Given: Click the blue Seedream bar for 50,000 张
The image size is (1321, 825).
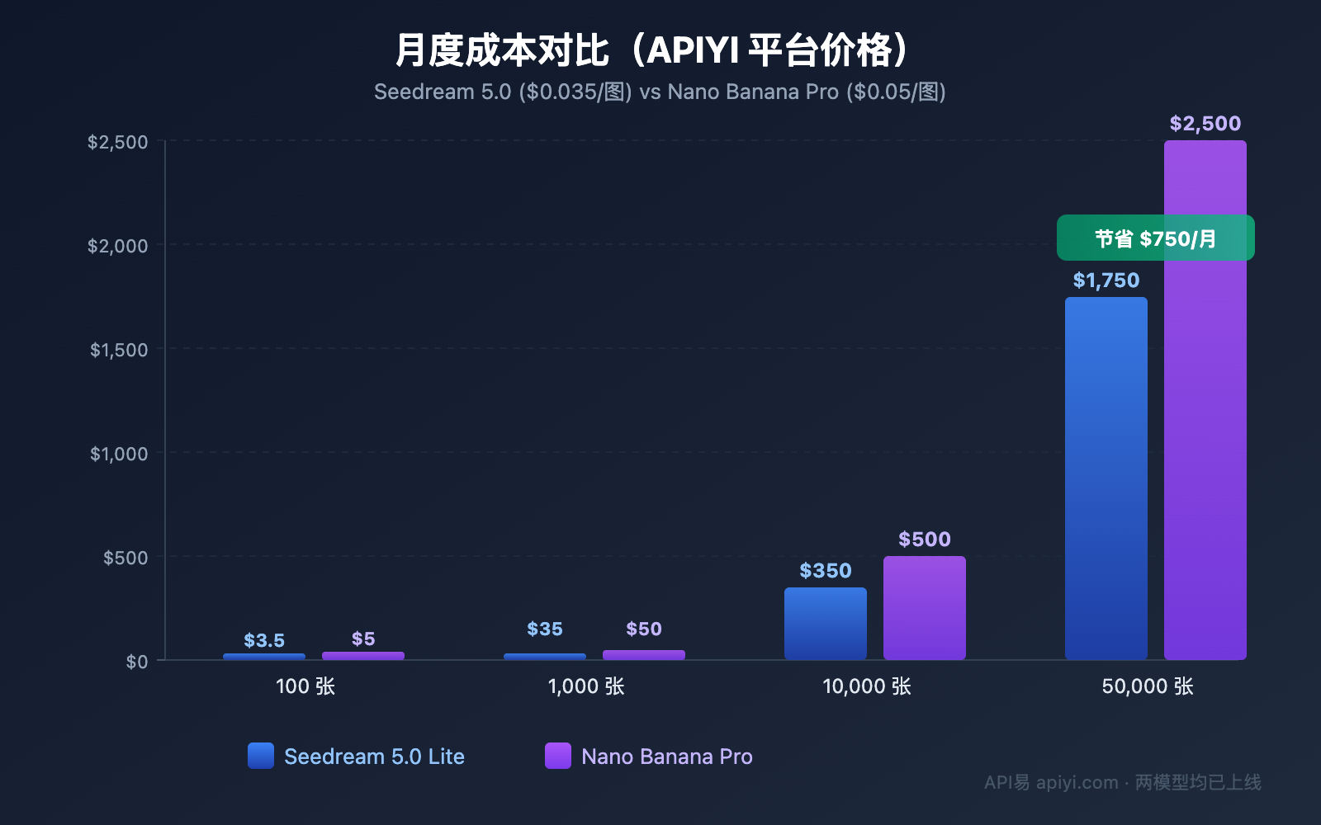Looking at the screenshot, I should [x=1106, y=478].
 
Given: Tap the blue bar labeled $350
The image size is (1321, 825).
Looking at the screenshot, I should [x=825, y=623].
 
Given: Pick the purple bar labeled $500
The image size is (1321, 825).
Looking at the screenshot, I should [x=924, y=608].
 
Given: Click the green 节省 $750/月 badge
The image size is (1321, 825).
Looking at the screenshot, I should [x=1155, y=238].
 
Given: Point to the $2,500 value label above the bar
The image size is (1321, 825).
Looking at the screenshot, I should [x=1205, y=124].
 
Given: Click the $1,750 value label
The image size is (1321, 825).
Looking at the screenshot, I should [x=1106, y=280].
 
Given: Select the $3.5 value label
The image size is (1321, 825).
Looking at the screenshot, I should [x=264, y=640].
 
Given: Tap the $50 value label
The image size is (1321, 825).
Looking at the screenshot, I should [x=643, y=629].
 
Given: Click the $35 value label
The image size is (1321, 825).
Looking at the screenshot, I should [x=545, y=629].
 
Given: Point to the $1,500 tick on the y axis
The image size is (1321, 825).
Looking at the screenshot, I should [x=119, y=350].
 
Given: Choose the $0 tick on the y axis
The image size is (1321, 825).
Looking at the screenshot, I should [x=137, y=662].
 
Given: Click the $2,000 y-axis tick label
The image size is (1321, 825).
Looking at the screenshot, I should [x=118, y=246].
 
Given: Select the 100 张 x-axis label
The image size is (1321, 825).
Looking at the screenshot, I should [x=305, y=686].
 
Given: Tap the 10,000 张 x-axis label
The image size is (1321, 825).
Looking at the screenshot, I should [x=866, y=686].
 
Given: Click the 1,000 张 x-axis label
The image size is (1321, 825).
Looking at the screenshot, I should [x=585, y=686].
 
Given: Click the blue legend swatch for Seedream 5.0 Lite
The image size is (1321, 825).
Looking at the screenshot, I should [x=261, y=756].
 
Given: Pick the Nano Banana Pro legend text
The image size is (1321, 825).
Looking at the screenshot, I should [x=666, y=757].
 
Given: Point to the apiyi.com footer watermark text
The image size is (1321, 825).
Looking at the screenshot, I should [x=1077, y=782].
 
